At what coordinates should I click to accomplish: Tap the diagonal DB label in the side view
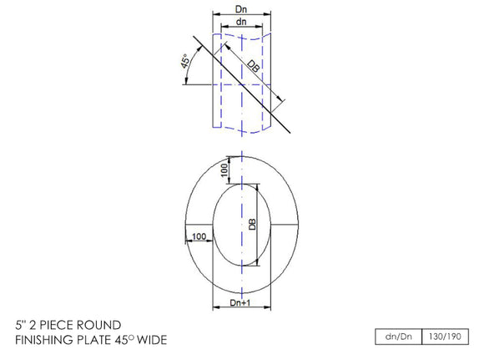point(253,70)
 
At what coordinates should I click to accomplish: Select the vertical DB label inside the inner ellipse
point(250,224)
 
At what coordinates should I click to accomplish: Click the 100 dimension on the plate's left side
point(198,237)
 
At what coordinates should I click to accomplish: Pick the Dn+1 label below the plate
point(240,307)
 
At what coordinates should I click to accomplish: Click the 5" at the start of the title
point(21,324)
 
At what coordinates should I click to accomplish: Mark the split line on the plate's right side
point(283,224)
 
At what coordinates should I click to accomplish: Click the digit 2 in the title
point(34,324)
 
